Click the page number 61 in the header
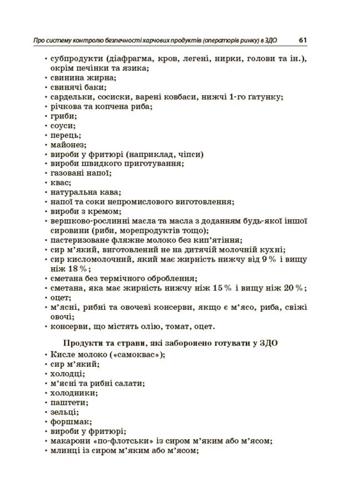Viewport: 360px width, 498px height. point(303,40)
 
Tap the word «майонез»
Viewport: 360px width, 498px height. point(65,145)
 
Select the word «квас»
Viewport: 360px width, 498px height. point(59,183)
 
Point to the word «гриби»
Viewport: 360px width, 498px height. point(61,116)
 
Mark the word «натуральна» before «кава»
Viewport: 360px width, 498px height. point(72,193)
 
